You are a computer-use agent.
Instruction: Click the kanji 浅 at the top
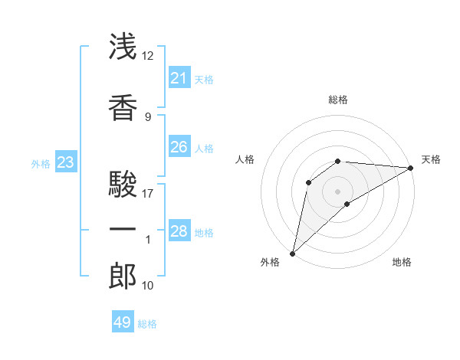[123, 46]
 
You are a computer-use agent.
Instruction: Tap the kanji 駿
[123, 184]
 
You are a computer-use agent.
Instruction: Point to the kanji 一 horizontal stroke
[123, 229]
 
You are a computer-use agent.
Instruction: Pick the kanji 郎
[123, 276]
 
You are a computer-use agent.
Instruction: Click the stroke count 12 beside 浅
[147, 56]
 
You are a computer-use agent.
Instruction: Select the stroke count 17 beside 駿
[147, 194]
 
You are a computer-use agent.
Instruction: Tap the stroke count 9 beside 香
[148, 117]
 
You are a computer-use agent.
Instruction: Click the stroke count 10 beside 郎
[147, 285]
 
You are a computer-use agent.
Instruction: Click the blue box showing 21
[179, 77]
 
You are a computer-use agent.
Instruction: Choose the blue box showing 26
[179, 146]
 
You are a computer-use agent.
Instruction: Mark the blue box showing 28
[179, 230]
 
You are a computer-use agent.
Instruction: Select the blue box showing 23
[66, 162]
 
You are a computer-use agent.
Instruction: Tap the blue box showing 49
[123, 321]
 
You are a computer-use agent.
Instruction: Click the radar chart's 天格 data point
[411, 168]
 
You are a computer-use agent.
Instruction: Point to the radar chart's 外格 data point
[293, 254]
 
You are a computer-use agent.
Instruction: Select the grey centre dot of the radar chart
[337, 191]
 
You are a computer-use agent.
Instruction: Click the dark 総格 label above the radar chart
[338, 100]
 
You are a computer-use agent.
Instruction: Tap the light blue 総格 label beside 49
[147, 324]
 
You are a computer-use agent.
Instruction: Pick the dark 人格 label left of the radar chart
[245, 159]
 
